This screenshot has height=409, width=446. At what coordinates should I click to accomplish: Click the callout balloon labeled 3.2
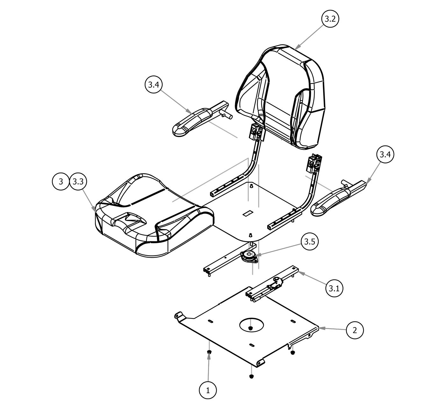(329, 19)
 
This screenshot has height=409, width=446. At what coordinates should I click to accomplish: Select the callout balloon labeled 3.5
(309, 242)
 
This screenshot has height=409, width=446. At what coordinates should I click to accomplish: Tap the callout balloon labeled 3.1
(334, 288)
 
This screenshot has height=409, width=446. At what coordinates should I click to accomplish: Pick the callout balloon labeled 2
(355, 330)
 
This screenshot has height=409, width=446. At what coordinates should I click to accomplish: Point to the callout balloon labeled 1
(208, 390)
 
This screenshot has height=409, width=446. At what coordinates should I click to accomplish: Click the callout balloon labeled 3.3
(78, 182)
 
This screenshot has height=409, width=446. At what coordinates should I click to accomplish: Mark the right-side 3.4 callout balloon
(385, 155)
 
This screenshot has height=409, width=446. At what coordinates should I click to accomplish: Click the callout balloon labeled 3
(61, 182)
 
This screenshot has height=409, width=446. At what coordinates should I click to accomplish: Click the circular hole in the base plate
(251, 324)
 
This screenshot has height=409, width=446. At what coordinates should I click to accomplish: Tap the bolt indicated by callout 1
(209, 352)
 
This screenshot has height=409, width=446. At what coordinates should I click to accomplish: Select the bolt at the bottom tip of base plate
(252, 376)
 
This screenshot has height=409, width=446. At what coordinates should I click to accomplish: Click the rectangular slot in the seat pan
(247, 213)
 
